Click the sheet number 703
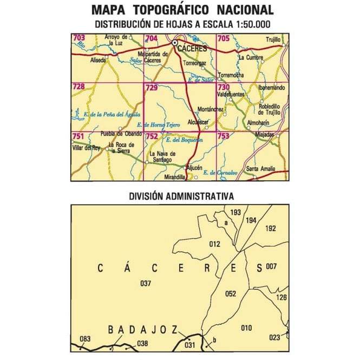[x=79, y=38]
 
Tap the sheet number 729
[x=151, y=87]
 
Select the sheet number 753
[x=223, y=136]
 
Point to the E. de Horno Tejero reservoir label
[x=158, y=125]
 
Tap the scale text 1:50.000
[x=251, y=24]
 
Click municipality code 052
[x=231, y=294]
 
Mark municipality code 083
[x=85, y=339]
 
